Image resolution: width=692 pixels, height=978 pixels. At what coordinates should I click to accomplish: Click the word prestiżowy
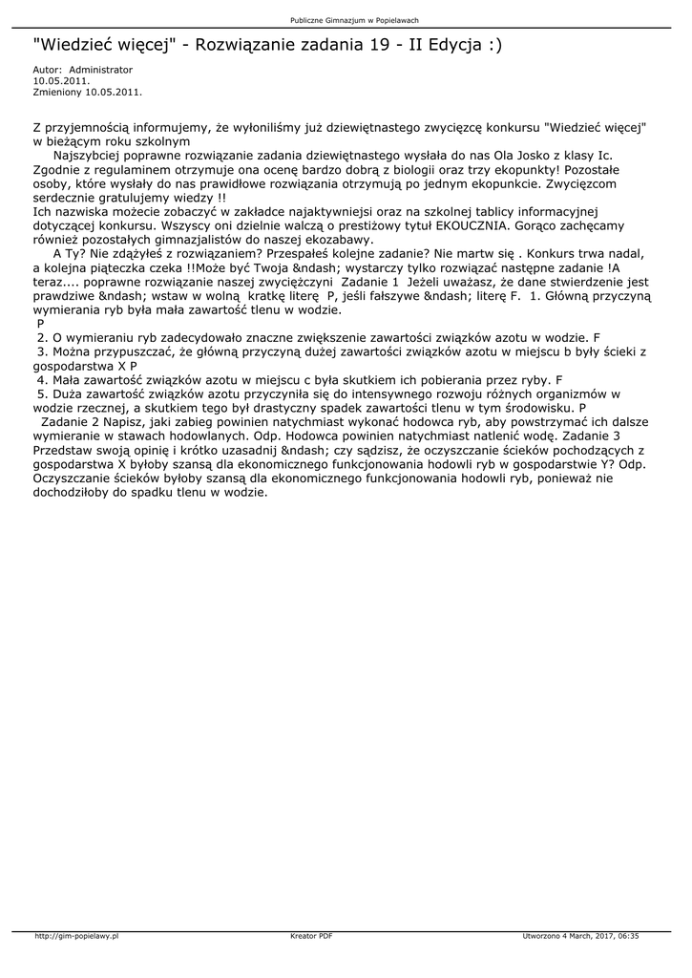coord(373,225)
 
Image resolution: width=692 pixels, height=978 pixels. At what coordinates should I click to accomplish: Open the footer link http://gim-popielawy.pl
coord(75,936)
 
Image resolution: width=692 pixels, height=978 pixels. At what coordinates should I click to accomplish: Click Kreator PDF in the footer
coord(311,936)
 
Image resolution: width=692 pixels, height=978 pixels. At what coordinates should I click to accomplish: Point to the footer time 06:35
coord(628,936)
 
